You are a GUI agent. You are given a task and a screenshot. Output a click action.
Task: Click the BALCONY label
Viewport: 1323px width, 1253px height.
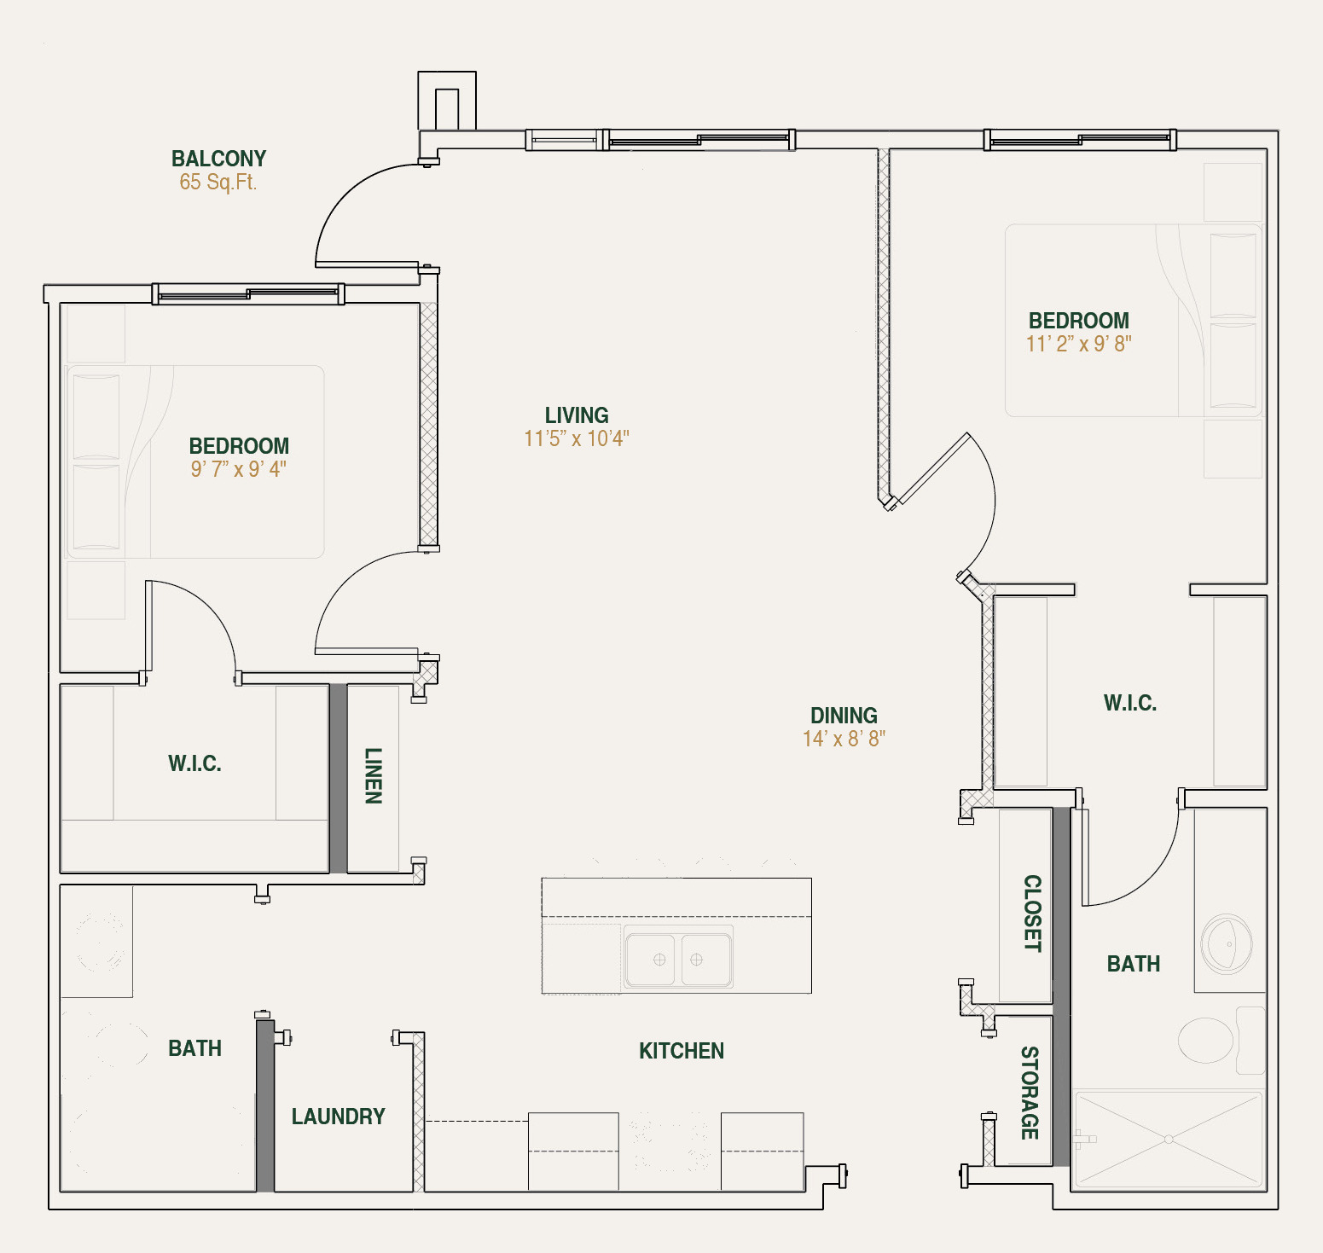(x=218, y=159)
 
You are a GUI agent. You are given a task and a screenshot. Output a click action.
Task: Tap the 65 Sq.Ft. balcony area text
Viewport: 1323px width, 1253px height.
(x=218, y=182)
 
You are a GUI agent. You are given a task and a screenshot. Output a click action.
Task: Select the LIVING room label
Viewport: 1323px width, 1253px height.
(x=577, y=415)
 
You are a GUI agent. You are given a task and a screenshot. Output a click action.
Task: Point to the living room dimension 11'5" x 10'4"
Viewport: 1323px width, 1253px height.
(x=577, y=438)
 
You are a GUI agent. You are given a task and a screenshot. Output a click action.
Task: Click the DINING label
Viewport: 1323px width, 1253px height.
(x=844, y=716)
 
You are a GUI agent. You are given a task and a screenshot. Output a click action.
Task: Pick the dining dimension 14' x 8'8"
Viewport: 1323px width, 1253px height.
(x=844, y=739)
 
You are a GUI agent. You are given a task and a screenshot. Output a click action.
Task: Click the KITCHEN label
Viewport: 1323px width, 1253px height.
(x=682, y=1051)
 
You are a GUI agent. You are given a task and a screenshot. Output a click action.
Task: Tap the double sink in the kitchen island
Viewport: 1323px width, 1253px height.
(x=678, y=960)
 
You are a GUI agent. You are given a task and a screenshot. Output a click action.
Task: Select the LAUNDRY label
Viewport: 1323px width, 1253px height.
(x=338, y=1117)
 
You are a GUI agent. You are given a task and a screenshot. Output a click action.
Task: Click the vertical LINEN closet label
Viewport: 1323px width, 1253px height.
(x=374, y=775)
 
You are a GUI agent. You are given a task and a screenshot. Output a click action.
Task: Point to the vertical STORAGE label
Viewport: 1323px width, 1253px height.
(x=1030, y=1093)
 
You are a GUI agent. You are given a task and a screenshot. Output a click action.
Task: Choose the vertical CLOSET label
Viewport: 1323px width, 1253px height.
(x=1032, y=913)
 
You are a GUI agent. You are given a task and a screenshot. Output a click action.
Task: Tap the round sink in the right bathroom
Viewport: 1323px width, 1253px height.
(x=1227, y=944)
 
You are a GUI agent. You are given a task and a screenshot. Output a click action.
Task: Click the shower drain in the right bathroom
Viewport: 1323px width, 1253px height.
(x=1169, y=1139)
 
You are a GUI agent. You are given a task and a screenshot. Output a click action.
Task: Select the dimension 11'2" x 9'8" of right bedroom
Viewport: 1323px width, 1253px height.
(x=1079, y=344)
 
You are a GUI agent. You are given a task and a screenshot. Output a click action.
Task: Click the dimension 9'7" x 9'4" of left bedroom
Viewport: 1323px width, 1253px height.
(x=239, y=469)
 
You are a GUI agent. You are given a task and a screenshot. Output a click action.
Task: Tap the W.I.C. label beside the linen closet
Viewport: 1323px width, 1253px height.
(x=194, y=763)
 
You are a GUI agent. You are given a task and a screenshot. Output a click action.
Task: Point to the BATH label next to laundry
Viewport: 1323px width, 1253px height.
(x=194, y=1048)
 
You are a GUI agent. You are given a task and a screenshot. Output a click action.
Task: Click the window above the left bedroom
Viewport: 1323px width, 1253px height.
(x=248, y=294)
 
